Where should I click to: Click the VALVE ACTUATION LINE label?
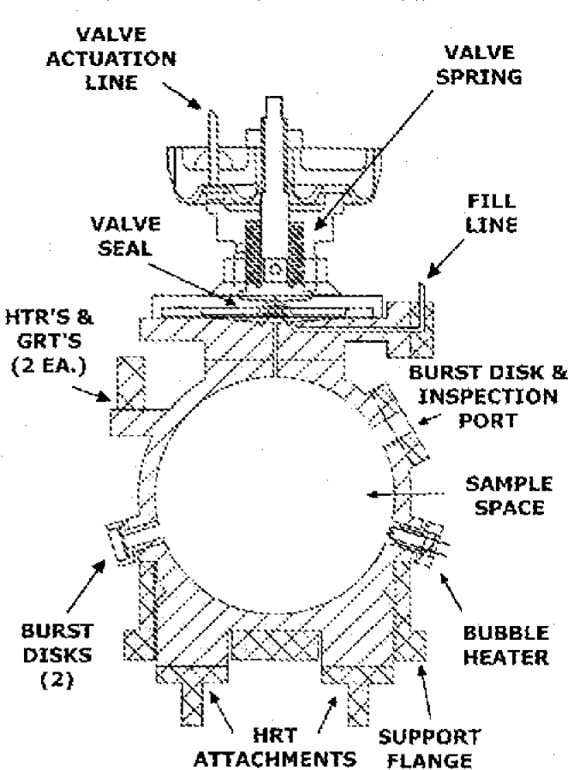[x=126, y=61]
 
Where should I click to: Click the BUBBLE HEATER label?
[x=505, y=645]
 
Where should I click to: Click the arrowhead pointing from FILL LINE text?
[x=433, y=272]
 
